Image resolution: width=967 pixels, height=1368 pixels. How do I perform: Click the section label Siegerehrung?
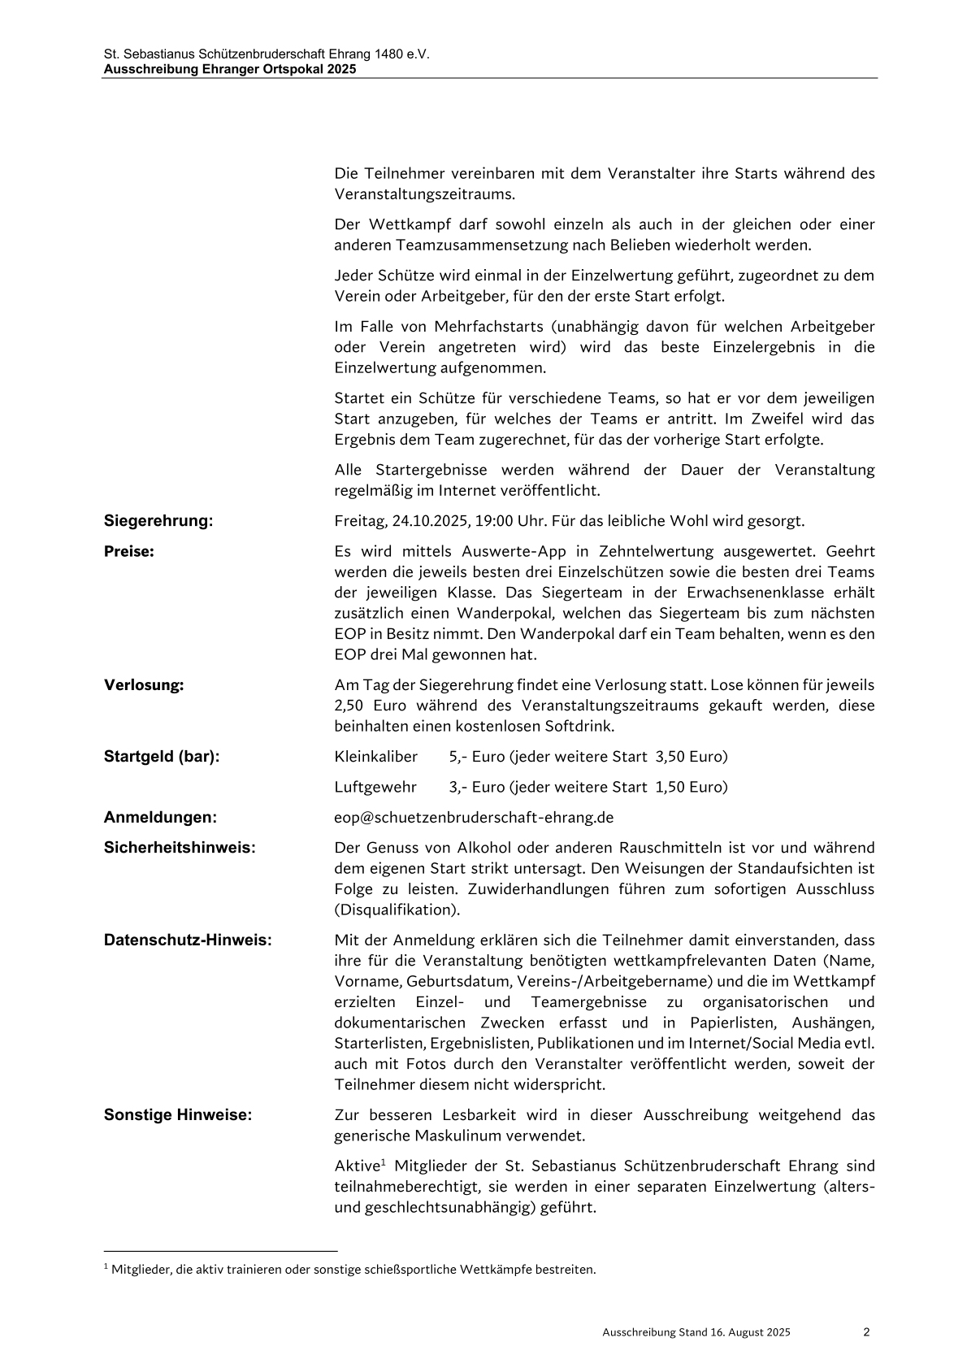(158, 521)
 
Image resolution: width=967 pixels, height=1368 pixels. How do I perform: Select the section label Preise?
(129, 551)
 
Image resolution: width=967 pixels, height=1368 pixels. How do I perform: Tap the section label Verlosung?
(144, 684)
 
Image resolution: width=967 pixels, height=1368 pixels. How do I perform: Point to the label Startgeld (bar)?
(162, 757)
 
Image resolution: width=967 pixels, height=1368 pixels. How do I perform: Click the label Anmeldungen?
(160, 817)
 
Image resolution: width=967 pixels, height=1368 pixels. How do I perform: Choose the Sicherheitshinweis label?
(180, 848)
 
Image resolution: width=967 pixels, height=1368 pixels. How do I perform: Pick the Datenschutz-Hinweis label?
(188, 940)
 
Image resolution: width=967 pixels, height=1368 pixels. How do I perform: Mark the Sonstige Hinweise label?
(178, 1114)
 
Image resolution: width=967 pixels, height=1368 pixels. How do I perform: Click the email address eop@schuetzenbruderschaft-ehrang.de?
(474, 817)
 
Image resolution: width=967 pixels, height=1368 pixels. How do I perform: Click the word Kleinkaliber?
(375, 757)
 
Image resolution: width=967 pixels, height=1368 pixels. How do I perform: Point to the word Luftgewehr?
(375, 787)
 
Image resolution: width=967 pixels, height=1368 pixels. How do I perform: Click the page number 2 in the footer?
(866, 1331)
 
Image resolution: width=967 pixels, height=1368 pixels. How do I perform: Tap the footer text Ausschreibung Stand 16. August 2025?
(696, 1332)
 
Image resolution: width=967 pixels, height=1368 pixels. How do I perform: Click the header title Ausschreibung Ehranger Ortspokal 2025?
(230, 70)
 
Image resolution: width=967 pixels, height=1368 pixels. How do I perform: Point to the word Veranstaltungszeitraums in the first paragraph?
(423, 194)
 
